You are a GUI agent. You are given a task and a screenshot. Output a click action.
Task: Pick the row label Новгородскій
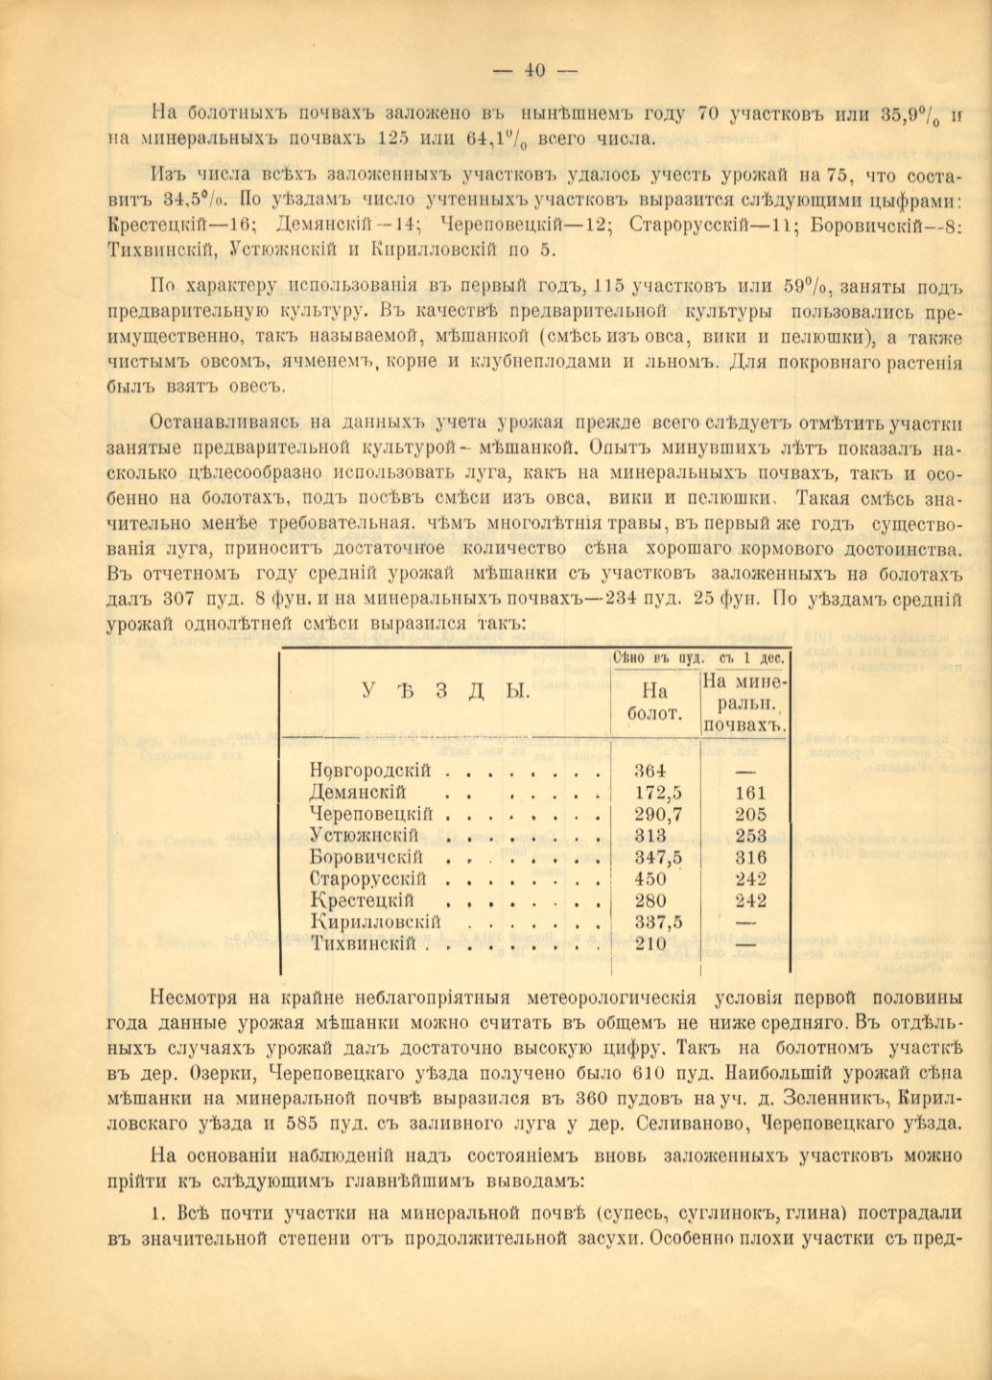[x=369, y=771]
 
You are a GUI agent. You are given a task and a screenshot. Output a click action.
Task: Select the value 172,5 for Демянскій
[x=659, y=793]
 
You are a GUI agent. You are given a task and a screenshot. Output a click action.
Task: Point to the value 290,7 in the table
[x=659, y=814]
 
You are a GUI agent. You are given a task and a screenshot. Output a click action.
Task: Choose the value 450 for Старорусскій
[x=652, y=879]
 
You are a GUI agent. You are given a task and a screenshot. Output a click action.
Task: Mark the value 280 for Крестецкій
[x=652, y=900]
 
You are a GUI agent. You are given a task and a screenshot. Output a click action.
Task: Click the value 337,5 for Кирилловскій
[x=659, y=922]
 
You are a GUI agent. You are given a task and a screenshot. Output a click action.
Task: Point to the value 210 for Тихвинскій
[x=652, y=943]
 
